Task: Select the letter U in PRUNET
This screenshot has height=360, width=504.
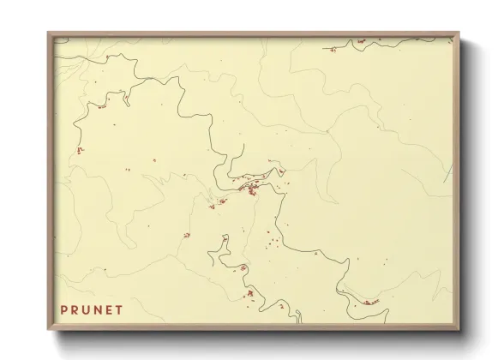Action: (x=88, y=308)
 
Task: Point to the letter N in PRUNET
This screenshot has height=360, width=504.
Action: (x=101, y=308)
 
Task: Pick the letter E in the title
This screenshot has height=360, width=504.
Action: (x=113, y=308)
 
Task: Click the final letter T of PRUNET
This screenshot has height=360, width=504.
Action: (x=124, y=308)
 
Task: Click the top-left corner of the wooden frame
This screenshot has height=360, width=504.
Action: (x=49, y=33)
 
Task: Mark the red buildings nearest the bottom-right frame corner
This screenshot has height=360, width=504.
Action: (x=370, y=302)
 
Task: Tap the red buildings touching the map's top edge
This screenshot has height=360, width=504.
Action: (x=361, y=40)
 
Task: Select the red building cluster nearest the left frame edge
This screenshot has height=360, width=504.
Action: (x=79, y=150)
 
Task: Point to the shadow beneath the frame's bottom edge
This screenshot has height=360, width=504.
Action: (x=257, y=335)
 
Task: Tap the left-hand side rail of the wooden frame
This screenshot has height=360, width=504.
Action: (x=51, y=180)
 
